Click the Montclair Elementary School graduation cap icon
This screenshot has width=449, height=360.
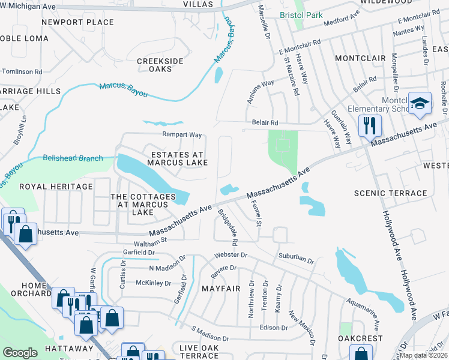[420, 103]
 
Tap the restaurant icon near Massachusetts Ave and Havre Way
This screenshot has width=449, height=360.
[369, 125]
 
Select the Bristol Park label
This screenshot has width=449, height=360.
[301, 15]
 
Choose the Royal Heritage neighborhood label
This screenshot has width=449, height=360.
[56, 187]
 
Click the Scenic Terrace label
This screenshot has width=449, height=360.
[390, 193]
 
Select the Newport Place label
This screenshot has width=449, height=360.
[77, 22]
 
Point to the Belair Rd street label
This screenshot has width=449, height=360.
[265, 122]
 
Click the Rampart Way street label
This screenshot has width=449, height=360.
[181, 134]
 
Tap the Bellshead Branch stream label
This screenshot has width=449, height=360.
[73, 158]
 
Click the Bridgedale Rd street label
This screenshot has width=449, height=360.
[228, 227]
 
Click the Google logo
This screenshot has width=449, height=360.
[20, 353]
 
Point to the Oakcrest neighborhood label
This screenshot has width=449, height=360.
[360, 338]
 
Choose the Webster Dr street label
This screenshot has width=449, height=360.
[230, 254]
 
